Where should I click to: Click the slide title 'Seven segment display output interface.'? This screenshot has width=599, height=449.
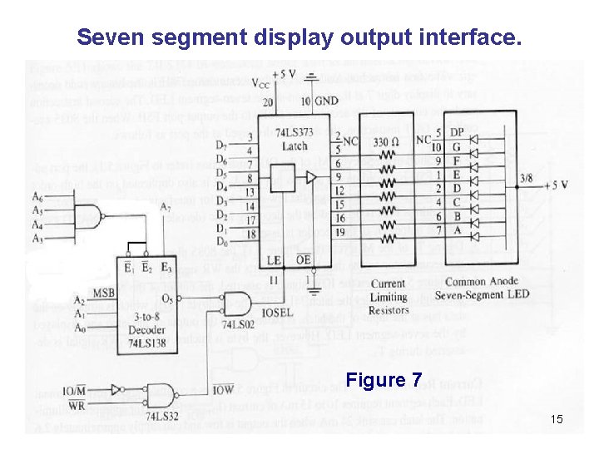(299, 37)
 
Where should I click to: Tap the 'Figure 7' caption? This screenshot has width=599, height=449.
(384, 381)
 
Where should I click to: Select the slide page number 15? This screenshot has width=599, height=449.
(556, 419)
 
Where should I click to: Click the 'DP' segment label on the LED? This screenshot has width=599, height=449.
(457, 131)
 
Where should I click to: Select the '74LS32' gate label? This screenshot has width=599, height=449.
(163, 414)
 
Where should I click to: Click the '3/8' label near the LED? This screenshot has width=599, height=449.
(526, 177)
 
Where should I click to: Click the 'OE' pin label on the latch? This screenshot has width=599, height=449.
(304, 260)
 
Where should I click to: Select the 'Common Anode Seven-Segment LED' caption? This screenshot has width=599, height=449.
(486, 289)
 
